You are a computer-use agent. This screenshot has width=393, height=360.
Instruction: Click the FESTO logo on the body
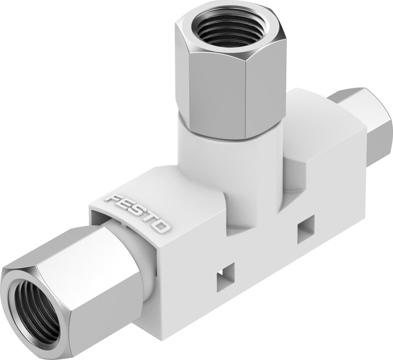coord(137,212)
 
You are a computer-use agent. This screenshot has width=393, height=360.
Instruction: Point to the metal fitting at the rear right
coord(372,127)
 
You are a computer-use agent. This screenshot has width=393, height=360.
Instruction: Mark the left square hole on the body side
coord(226,276)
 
